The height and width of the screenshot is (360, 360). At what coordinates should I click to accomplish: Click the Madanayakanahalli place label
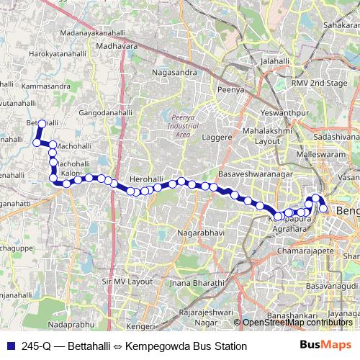[103, 34]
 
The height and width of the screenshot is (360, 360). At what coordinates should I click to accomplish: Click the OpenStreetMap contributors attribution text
[298, 322]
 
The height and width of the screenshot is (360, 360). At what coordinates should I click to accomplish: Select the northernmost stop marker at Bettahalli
[42, 124]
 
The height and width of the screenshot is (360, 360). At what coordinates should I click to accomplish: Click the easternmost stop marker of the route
[324, 209]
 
